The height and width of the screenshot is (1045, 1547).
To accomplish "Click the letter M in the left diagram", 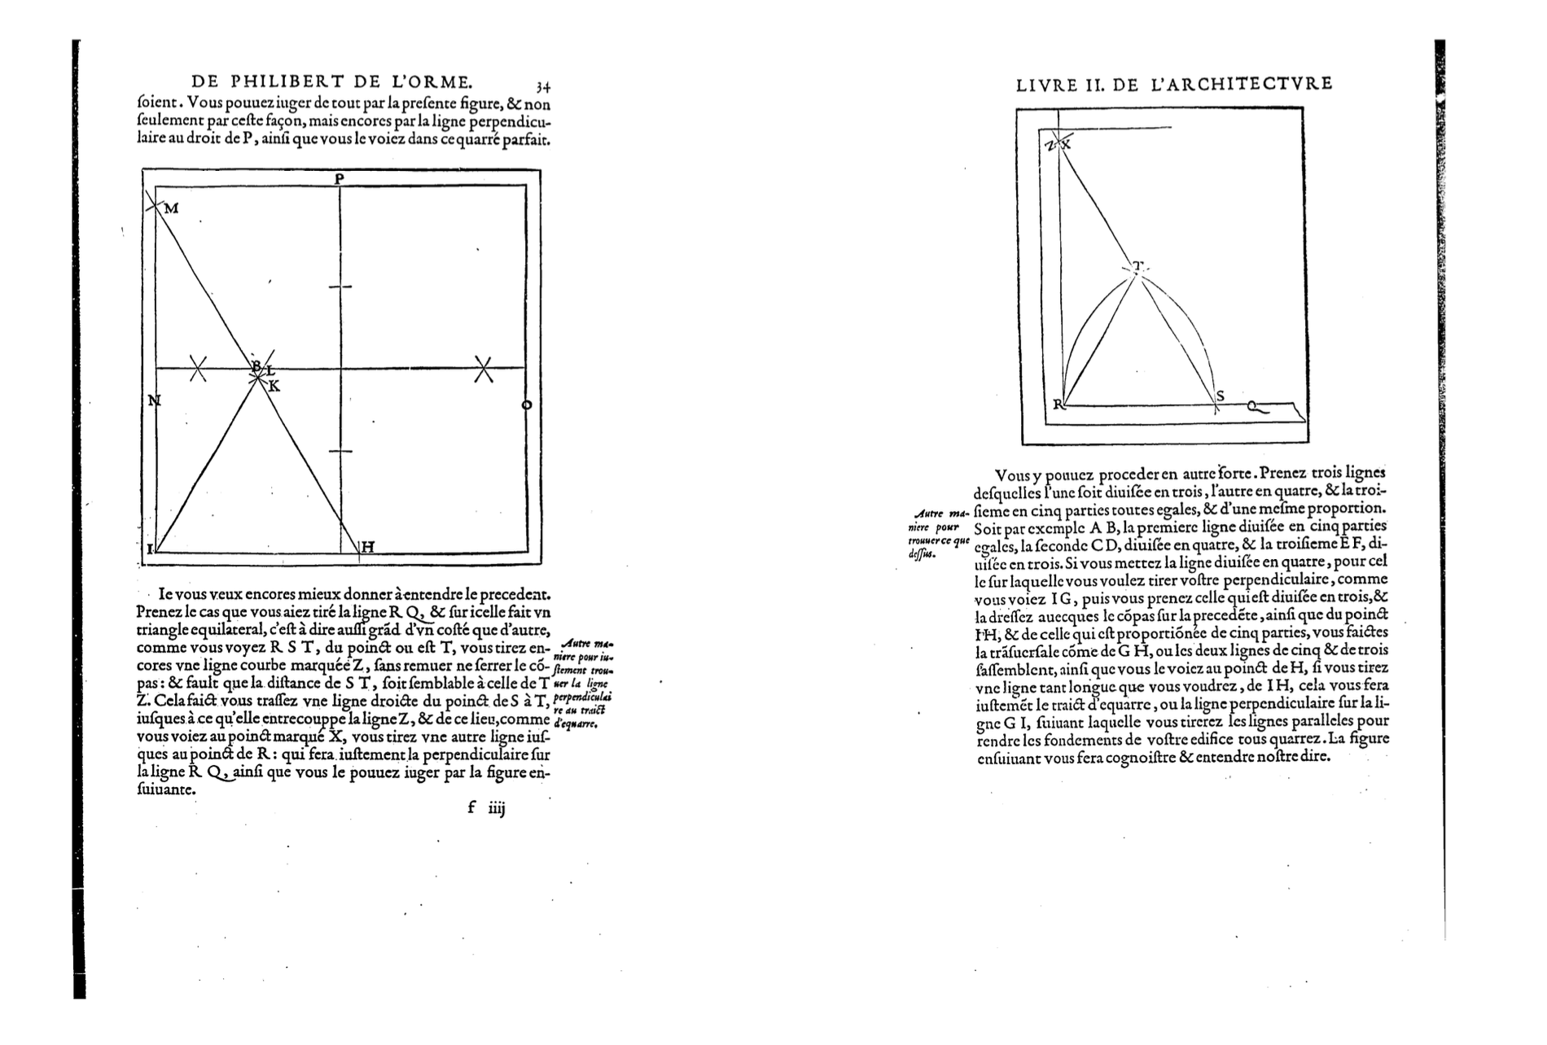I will click(x=171, y=209).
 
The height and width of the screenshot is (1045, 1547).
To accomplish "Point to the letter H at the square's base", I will click(x=367, y=547).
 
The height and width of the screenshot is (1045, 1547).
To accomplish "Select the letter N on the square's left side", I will click(x=154, y=400).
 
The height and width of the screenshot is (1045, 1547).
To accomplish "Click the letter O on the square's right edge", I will click(x=526, y=404).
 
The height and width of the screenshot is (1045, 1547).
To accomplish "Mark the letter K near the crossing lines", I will click(x=274, y=386).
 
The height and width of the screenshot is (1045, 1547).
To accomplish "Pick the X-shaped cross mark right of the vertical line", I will click(x=484, y=369).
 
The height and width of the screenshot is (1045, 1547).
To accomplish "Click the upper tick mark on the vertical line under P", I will click(x=340, y=286).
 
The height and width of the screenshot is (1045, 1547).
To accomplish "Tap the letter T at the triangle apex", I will click(x=1137, y=265).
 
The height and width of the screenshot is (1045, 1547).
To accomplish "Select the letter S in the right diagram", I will click(x=1220, y=396).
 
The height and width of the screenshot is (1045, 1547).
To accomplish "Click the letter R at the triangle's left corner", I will click(x=1058, y=404).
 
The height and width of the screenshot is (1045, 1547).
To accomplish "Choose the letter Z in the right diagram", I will click(x=1050, y=145).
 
